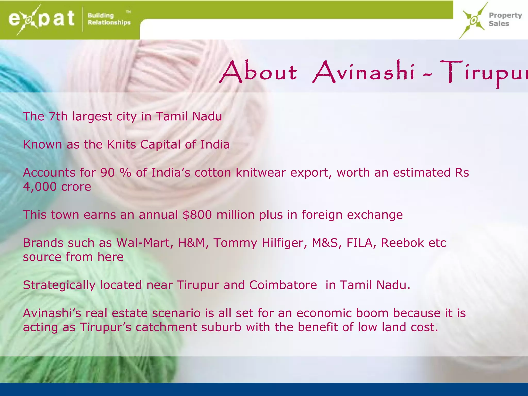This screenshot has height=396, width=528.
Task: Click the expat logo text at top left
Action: coord(41,19)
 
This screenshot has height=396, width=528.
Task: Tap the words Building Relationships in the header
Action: coord(109,19)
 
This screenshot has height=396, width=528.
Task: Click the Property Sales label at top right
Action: coord(505,19)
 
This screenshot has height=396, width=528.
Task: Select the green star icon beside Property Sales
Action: coord(473,20)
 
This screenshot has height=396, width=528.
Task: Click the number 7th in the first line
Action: coord(58,116)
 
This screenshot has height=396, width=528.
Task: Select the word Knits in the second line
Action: coord(121,144)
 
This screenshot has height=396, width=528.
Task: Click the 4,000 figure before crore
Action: coord(40,187)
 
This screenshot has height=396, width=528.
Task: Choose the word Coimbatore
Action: coord(283,285)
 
